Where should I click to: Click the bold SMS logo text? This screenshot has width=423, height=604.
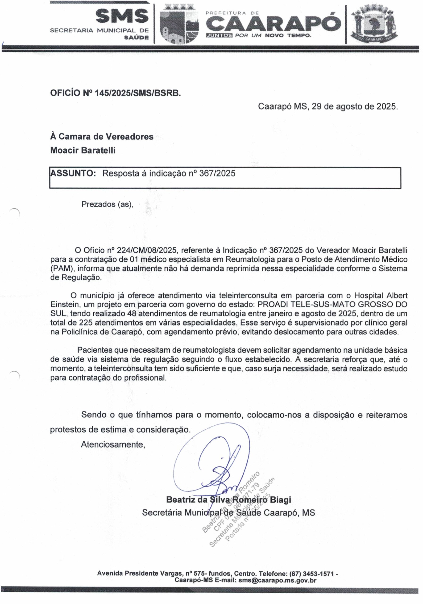tap(122, 16)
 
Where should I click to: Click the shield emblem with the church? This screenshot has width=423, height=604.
tap(180, 25)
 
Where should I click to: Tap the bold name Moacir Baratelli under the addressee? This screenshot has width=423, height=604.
tap(83, 150)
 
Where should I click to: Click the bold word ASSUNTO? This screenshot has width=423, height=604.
tap(73, 173)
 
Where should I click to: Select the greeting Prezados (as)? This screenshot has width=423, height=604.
tap(108, 204)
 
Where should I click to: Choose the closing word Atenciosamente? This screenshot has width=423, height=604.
tap(113, 444)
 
